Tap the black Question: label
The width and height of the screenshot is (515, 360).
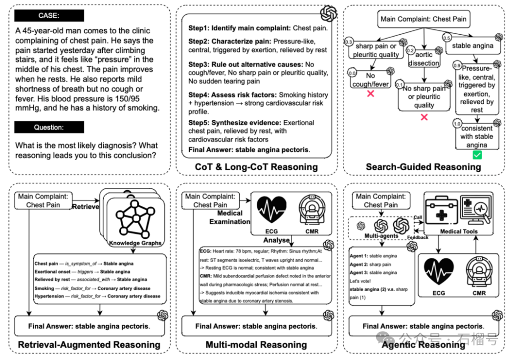(x=48, y=127)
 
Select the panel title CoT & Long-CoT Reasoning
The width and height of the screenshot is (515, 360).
(x=256, y=167)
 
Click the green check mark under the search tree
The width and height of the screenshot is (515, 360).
(x=476, y=155)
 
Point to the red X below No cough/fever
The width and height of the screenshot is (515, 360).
(x=370, y=93)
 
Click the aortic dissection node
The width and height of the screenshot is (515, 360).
(x=424, y=59)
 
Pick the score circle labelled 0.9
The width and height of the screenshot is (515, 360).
(x=457, y=66)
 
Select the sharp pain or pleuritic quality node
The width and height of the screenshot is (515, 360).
(x=376, y=50)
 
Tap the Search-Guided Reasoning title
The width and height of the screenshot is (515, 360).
(x=423, y=167)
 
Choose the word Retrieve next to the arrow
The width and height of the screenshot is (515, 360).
(x=86, y=206)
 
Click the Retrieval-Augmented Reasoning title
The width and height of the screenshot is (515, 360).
(x=89, y=345)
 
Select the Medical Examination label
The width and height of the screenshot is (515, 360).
(x=229, y=217)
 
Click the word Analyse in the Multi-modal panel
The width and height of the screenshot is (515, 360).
(x=277, y=240)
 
